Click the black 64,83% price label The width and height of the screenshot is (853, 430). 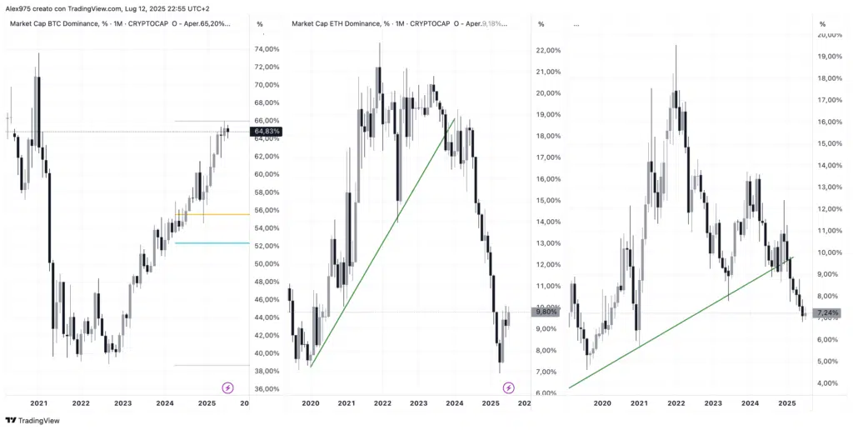click(x=266, y=131)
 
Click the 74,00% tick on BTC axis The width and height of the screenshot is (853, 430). click(x=266, y=49)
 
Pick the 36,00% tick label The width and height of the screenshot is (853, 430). click(x=266, y=389)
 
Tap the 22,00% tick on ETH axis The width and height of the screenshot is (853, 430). click(x=547, y=51)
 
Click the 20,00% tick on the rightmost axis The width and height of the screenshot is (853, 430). click(x=828, y=35)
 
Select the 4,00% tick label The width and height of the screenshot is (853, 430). click(x=828, y=383)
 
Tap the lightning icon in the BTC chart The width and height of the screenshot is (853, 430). click(x=227, y=387)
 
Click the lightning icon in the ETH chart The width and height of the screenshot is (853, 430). click(x=509, y=387)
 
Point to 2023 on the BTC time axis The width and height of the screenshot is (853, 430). click(x=123, y=403)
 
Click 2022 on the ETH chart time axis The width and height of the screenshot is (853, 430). click(x=382, y=403)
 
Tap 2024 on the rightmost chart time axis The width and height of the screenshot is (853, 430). click(x=750, y=403)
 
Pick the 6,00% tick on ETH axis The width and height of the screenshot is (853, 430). click(x=547, y=393)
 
